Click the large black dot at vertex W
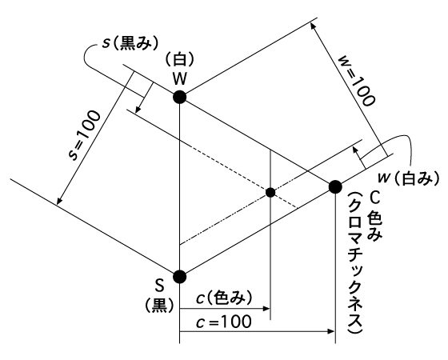pos(180,97)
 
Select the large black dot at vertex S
pos(180,276)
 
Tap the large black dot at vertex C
pos(335,187)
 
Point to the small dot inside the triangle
pos(270,193)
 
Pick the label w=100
pos(356,81)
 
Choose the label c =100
pos(224,322)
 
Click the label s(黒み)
pos(130,44)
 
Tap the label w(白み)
pos(408,178)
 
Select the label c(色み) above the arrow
pos(225,298)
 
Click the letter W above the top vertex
pos(179,78)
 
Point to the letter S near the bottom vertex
pos(159,286)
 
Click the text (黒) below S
pos(159,306)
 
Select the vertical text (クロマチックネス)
pos(356,262)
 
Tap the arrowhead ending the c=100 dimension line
pos(331,331)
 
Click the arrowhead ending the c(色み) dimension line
pos(266,308)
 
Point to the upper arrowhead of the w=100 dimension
pos(313,26)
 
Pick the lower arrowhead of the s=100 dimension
pos(59,201)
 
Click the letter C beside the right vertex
pos(374,197)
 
